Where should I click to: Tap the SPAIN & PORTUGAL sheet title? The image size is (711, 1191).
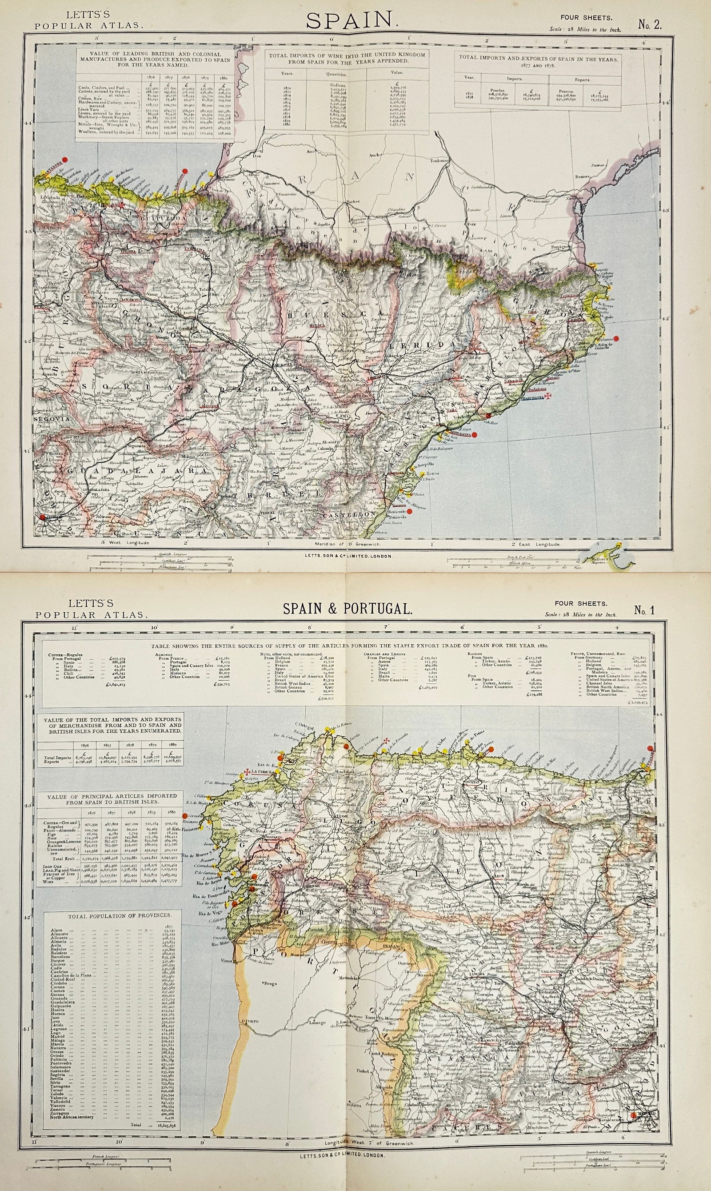click(348, 609)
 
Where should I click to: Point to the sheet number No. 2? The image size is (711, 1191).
click(650, 24)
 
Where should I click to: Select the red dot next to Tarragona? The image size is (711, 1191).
click(474, 435)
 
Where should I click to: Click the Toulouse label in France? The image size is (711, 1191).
click(443, 161)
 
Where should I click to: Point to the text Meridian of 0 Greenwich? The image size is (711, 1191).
click(344, 545)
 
